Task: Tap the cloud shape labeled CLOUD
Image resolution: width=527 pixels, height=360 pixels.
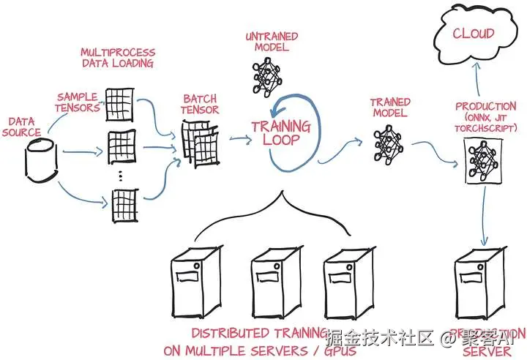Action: tap(473, 34)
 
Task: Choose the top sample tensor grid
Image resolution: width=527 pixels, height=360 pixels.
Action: tap(119, 105)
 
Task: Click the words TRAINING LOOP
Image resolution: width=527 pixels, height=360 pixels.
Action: tap(280, 132)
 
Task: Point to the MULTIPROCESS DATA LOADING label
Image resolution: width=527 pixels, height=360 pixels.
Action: tap(117, 58)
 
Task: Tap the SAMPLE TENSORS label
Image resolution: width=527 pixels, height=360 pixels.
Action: tap(76, 102)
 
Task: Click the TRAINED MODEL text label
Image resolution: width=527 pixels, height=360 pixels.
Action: tap(389, 108)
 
